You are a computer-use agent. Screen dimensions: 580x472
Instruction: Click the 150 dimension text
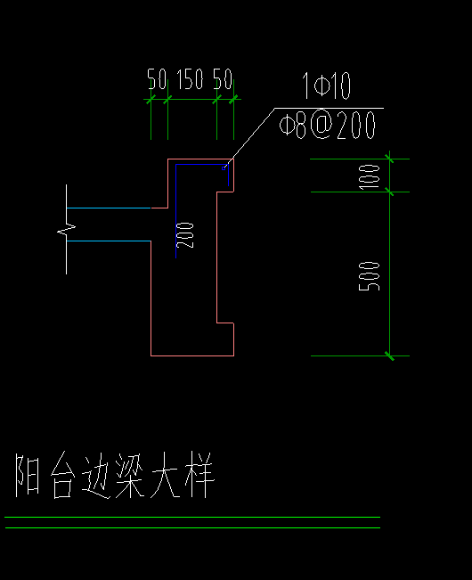(x=190, y=81)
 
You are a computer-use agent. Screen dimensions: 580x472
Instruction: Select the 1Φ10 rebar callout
(x=327, y=87)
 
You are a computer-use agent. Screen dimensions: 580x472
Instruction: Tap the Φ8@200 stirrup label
(x=327, y=126)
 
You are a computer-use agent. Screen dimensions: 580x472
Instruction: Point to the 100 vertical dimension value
(x=372, y=176)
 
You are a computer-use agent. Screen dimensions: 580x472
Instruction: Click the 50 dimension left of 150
(x=157, y=81)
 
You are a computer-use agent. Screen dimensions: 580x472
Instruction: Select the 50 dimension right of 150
(x=223, y=81)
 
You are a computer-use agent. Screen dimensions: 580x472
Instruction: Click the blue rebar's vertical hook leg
(x=228, y=176)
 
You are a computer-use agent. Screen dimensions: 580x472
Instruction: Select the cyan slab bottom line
(x=107, y=241)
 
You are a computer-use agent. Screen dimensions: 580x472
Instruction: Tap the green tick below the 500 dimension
(x=389, y=355)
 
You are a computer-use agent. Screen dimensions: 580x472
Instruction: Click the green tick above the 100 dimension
(x=389, y=159)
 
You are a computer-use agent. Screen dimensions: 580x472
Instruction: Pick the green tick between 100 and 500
(x=389, y=191)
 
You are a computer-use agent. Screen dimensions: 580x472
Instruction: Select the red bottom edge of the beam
(x=192, y=355)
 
